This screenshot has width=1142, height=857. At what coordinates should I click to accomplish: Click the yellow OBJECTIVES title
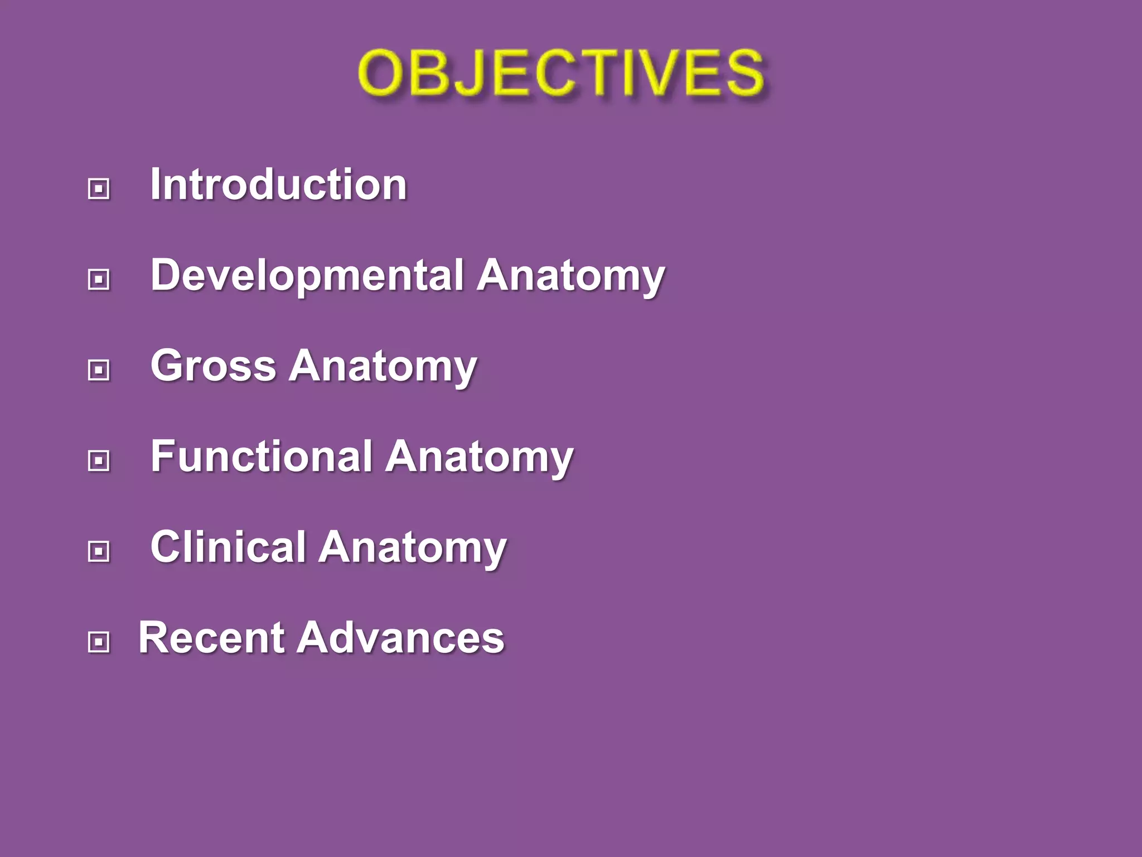click(561, 73)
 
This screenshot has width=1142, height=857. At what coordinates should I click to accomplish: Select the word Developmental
click(307, 275)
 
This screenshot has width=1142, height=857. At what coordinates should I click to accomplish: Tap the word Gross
click(214, 366)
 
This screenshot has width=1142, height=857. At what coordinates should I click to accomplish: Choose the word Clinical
click(228, 547)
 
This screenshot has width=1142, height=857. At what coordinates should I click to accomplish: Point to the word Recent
click(211, 638)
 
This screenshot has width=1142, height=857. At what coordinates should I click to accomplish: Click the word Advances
click(400, 638)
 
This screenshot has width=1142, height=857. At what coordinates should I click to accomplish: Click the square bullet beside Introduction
click(99, 189)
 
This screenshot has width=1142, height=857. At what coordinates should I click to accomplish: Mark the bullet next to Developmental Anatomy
click(99, 279)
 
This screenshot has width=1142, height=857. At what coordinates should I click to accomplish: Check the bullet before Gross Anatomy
click(99, 370)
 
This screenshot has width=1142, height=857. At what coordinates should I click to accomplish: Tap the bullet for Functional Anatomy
click(99, 461)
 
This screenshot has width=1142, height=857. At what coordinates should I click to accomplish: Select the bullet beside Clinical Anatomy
click(99, 551)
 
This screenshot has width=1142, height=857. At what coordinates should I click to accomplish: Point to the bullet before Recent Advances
click(99, 642)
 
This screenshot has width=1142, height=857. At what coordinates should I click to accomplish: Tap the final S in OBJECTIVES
click(745, 73)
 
